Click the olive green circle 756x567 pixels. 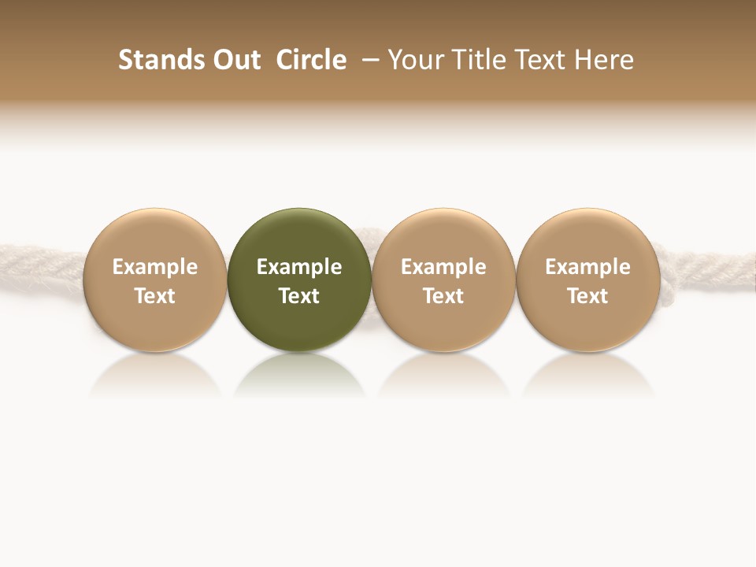click(299, 236)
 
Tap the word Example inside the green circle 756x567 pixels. click(299, 267)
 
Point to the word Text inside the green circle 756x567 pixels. click(299, 296)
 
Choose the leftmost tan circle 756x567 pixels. click(154, 236)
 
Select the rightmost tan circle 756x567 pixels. click(587, 236)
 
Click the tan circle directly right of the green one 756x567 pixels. click(443, 236)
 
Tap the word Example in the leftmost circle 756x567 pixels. click(154, 267)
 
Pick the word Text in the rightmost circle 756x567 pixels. click(587, 296)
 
